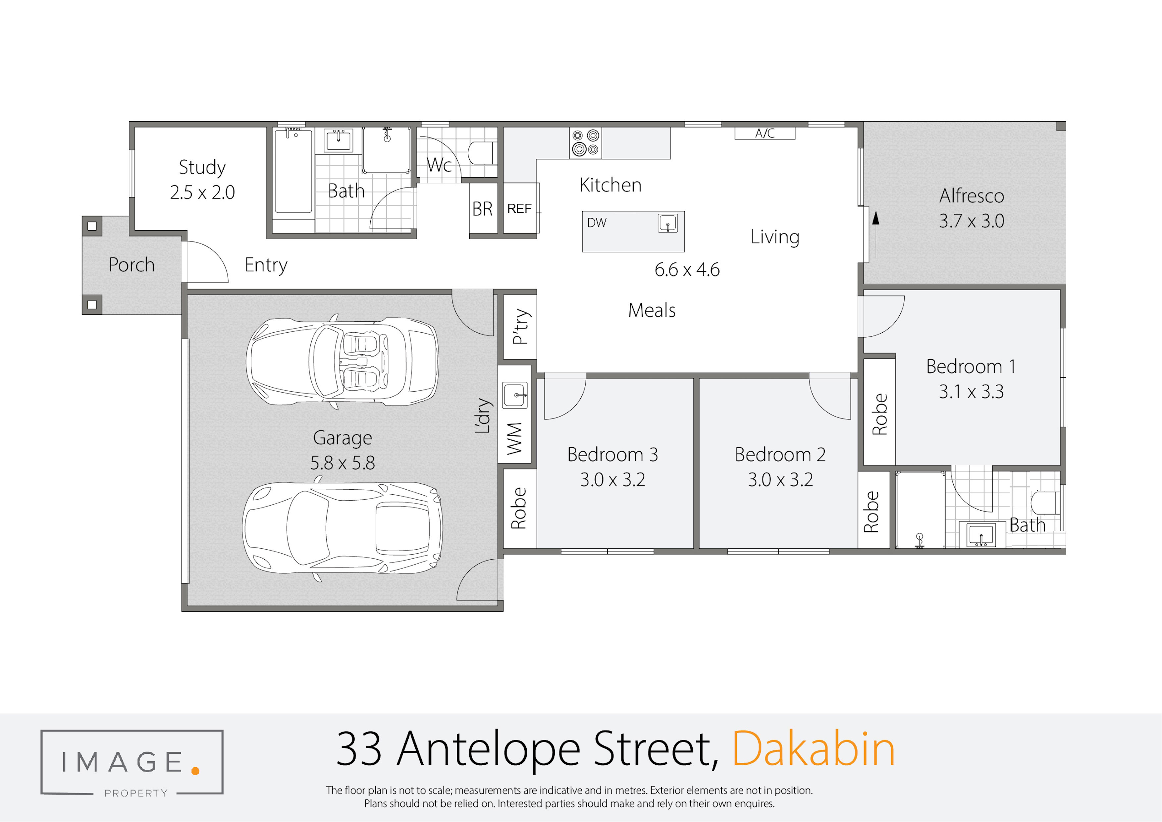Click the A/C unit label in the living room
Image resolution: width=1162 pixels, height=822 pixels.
(x=765, y=133)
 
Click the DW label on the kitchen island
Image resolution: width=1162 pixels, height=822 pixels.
(x=597, y=223)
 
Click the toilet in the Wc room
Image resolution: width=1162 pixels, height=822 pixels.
(x=480, y=153)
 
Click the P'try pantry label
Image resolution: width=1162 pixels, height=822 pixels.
(x=521, y=326)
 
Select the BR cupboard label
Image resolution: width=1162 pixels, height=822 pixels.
(x=482, y=208)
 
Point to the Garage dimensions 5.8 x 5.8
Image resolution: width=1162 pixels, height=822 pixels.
(x=343, y=463)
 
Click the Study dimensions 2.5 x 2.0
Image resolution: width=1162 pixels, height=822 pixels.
(x=202, y=192)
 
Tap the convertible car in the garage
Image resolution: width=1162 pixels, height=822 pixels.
(x=343, y=361)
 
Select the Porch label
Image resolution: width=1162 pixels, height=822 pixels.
(x=132, y=265)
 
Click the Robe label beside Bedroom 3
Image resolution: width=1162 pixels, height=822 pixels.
(x=519, y=508)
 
